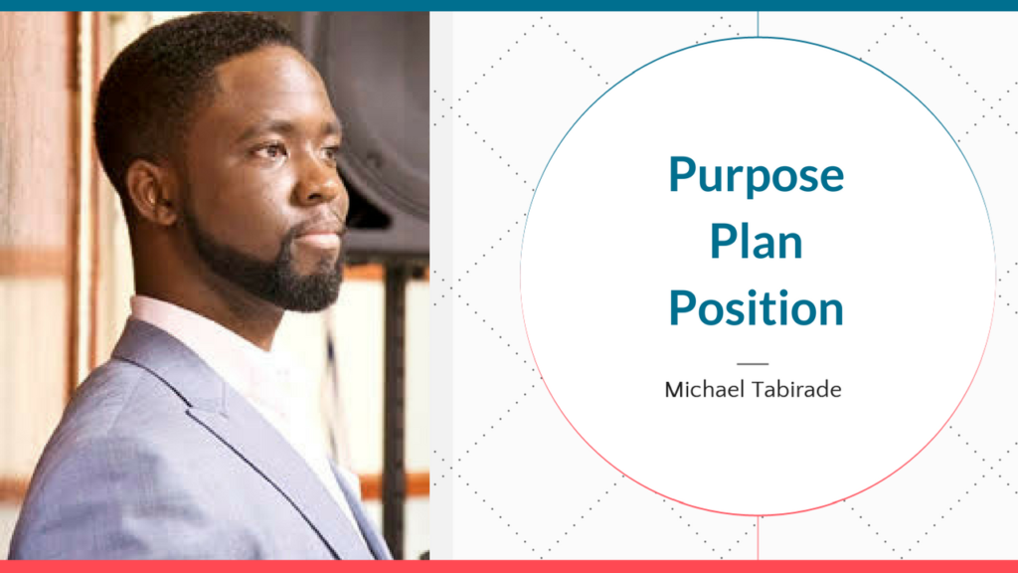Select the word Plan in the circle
pos(756,242)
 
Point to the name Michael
pos(703,389)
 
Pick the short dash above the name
pos(754,364)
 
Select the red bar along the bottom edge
pos(509,566)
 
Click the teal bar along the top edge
pos(509,5)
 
